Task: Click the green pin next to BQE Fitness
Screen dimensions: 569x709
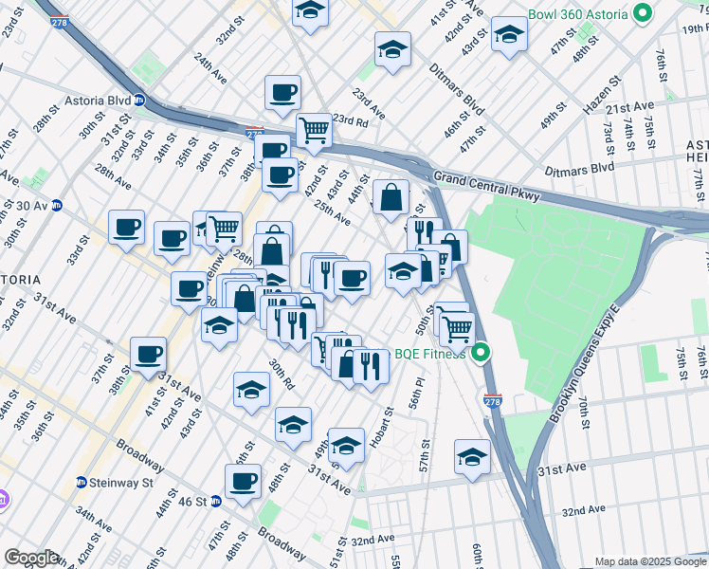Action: (x=481, y=354)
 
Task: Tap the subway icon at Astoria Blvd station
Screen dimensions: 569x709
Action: (x=138, y=100)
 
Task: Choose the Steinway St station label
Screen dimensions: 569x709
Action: (x=121, y=482)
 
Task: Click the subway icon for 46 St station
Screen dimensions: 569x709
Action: (x=216, y=500)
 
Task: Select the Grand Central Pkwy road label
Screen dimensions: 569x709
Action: (x=482, y=177)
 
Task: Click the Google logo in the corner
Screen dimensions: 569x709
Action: (x=31, y=557)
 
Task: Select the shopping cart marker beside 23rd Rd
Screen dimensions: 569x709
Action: (x=314, y=131)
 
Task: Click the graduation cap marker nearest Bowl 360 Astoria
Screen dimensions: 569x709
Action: (x=510, y=34)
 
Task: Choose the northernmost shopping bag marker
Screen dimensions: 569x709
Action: (x=391, y=197)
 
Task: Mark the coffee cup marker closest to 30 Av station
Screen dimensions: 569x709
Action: (x=126, y=228)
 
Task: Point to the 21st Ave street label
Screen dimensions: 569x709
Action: (x=633, y=106)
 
